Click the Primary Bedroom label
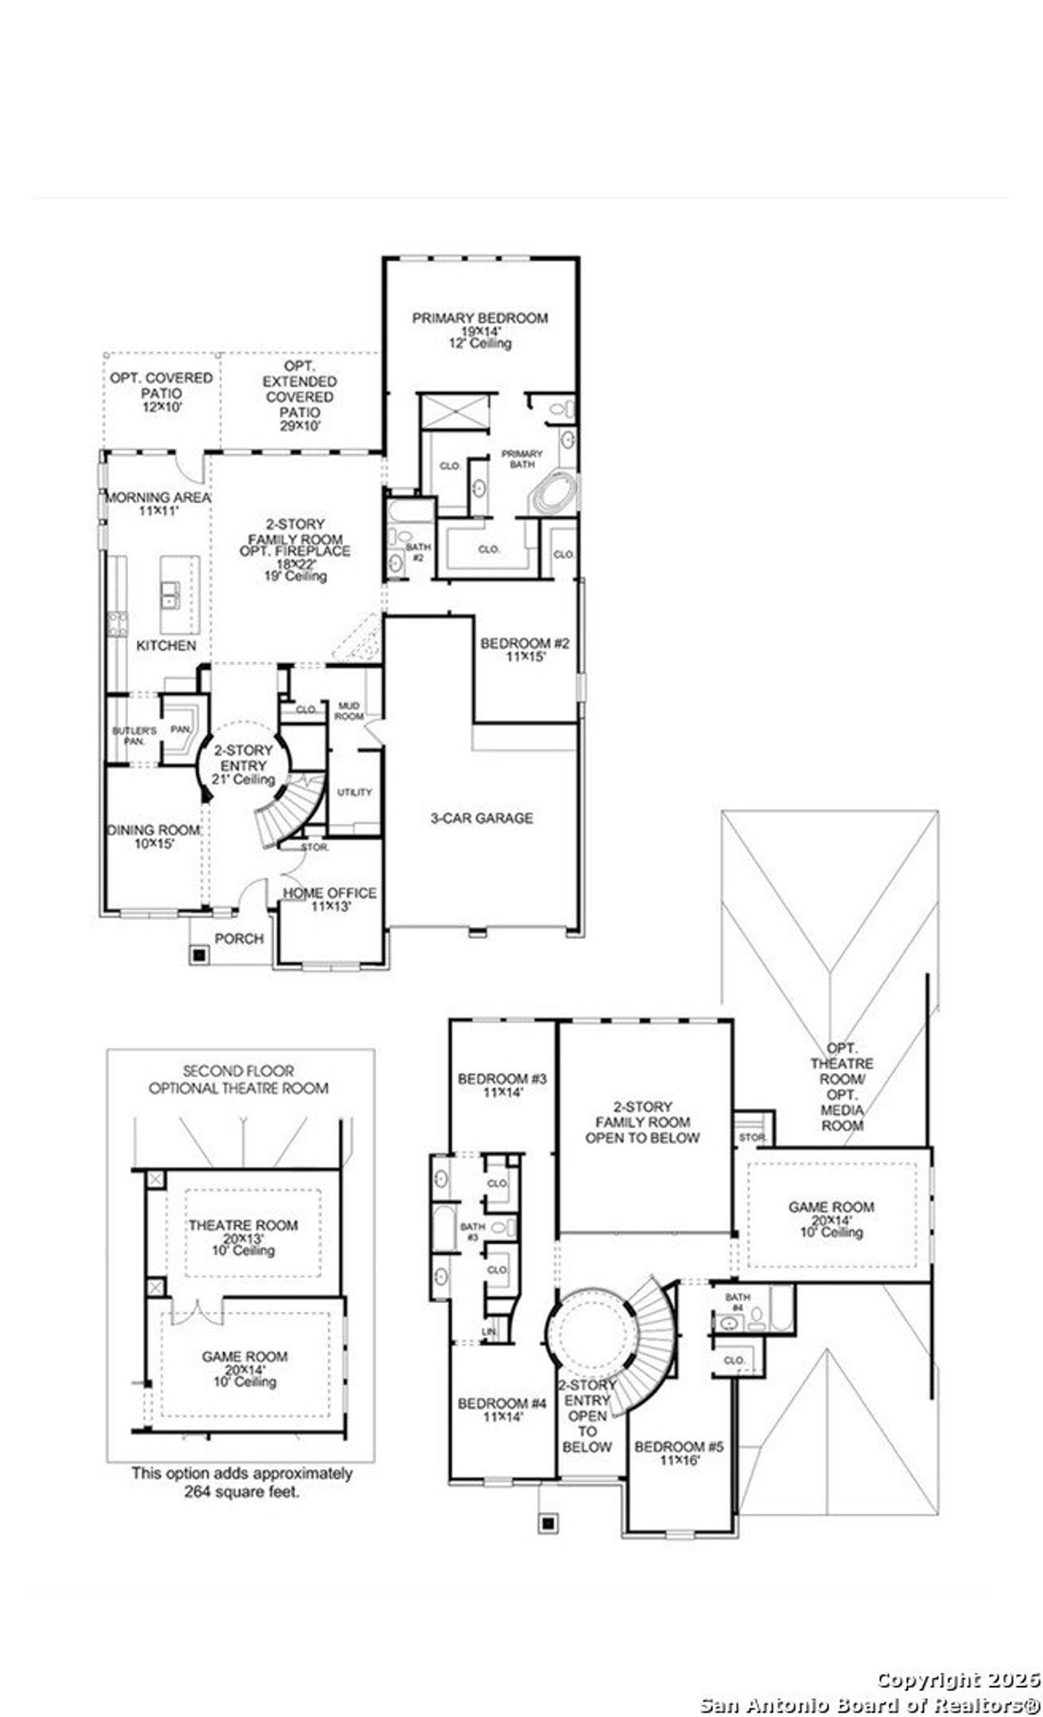click(479, 319)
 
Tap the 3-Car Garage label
click(482, 818)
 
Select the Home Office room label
click(329, 894)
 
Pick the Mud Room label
click(349, 711)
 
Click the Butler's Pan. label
click(129, 736)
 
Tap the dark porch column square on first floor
click(198, 953)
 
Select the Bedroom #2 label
click(525, 645)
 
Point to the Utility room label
click(354, 792)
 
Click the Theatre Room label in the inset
click(244, 1226)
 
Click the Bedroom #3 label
click(501, 1080)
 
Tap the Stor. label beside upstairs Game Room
click(750, 1136)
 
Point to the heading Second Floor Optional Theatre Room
click(239, 1079)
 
